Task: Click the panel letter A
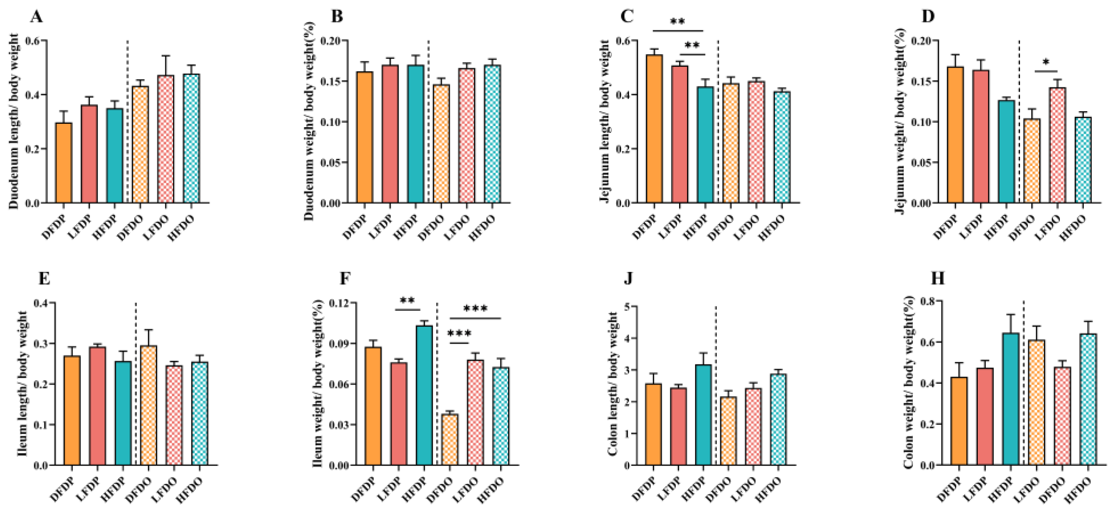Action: pos(36,17)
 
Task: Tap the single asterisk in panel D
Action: pos(1046,62)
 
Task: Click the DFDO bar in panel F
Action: pos(450,439)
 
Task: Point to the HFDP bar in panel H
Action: pos(1010,399)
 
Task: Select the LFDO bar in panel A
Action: pos(166,139)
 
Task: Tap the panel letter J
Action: pos(629,279)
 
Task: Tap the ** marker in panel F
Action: pos(407,301)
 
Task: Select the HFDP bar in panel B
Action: pos(416,134)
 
